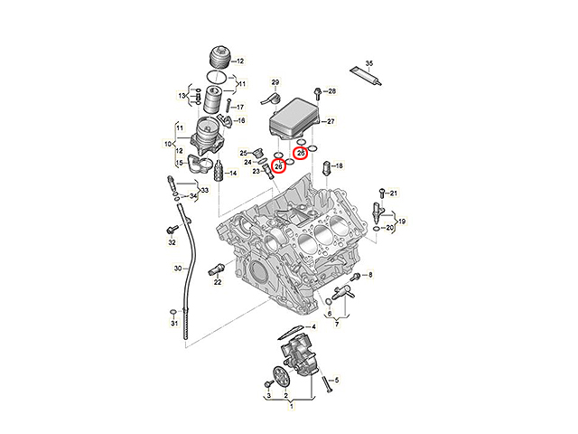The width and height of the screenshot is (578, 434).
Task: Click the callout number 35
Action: tap(369, 63)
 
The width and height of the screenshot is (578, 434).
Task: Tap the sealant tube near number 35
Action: tap(365, 76)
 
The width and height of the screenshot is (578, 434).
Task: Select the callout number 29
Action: tap(275, 82)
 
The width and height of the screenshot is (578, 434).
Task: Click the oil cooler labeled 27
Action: tap(294, 118)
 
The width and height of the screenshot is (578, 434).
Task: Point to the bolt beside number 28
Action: tap(317, 93)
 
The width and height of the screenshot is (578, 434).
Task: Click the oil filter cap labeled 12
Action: tap(219, 57)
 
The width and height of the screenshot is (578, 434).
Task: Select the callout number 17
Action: tap(240, 108)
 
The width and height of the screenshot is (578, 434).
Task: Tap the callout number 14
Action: tap(233, 173)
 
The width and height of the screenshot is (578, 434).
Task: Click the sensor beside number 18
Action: tap(326, 169)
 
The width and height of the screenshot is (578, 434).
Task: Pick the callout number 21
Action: tap(394, 193)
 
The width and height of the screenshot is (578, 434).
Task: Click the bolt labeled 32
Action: tap(171, 230)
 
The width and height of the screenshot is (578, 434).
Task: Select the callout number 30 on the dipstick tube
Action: tap(178, 269)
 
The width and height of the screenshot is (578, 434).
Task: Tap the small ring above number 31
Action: tap(172, 313)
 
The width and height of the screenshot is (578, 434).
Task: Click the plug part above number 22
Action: tap(216, 269)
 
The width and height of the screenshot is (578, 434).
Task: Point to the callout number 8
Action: tap(370, 275)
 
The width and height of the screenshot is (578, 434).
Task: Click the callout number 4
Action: tap(313, 327)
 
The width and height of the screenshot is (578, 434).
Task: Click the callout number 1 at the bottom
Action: tap(291, 406)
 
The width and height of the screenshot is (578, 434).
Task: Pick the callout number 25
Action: tap(243, 153)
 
